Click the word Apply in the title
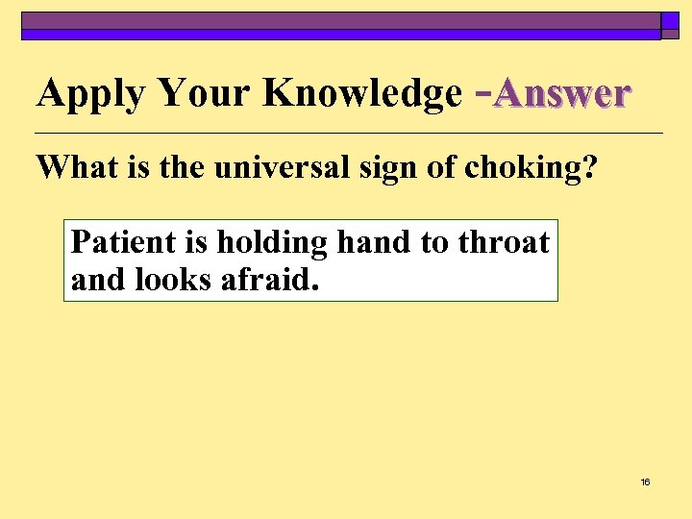pos(89,94)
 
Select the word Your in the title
pos(204,93)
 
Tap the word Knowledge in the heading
pos(362,93)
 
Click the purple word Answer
pos(562,93)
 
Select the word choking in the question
pos(522,168)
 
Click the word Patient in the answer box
pos(118,242)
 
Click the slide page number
pos(645,482)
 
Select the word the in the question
pos(181,167)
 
